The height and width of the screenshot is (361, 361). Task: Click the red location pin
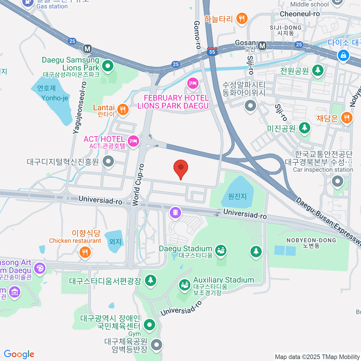click(x=181, y=168)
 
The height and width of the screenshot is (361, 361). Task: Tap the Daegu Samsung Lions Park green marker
click(x=107, y=66)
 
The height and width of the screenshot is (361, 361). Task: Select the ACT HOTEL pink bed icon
click(x=133, y=141)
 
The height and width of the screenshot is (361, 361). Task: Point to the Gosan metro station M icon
click(x=262, y=46)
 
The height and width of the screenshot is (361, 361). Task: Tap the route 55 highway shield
click(x=212, y=52)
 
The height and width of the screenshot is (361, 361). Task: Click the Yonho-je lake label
click(x=55, y=98)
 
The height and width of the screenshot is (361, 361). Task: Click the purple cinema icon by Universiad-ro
click(x=175, y=213)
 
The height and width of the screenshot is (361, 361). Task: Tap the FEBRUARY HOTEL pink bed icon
click(x=193, y=83)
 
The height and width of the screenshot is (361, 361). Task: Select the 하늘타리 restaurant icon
click(x=242, y=19)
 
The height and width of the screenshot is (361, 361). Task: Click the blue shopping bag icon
click(x=343, y=55)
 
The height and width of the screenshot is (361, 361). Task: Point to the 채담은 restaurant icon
click(x=347, y=118)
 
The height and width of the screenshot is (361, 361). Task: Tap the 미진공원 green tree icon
click(x=304, y=128)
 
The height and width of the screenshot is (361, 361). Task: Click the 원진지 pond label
click(x=237, y=196)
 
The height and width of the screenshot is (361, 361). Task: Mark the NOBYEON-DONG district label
click(x=311, y=240)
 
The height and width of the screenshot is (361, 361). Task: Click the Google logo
click(x=19, y=354)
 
